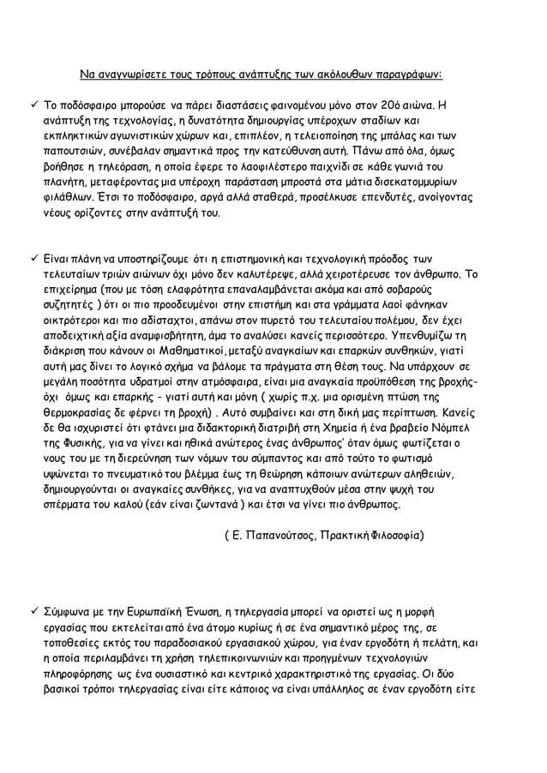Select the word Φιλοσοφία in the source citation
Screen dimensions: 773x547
point(394,535)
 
